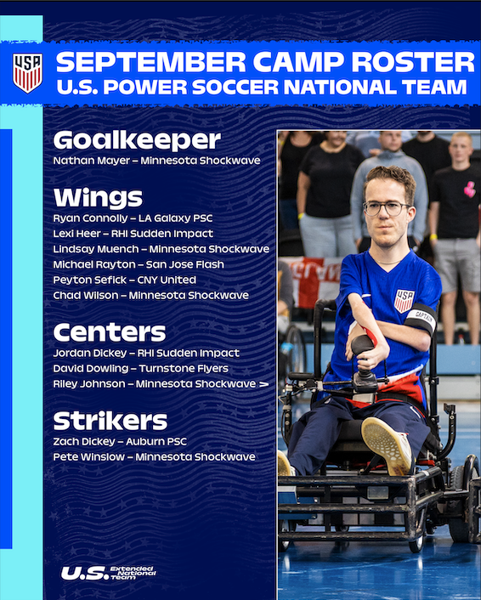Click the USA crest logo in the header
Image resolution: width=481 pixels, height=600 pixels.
[27, 73]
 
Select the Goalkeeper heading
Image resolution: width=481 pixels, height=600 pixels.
[137, 140]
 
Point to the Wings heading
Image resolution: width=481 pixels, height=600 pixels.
[98, 198]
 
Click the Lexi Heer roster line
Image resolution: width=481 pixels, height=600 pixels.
[133, 233]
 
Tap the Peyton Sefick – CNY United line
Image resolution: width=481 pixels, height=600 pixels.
[124, 280]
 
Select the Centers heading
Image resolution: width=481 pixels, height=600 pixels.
[109, 331]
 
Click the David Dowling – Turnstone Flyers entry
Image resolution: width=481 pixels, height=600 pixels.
[140, 368]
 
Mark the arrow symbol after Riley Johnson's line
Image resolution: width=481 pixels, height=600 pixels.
[263, 384]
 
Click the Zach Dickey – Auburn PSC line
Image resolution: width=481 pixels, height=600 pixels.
[119, 441]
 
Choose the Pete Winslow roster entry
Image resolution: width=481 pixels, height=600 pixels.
[154, 457]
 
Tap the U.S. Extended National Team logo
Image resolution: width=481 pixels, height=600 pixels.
[107, 573]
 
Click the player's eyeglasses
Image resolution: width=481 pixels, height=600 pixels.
[385, 207]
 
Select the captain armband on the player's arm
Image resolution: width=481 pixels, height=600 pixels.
[420, 318]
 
